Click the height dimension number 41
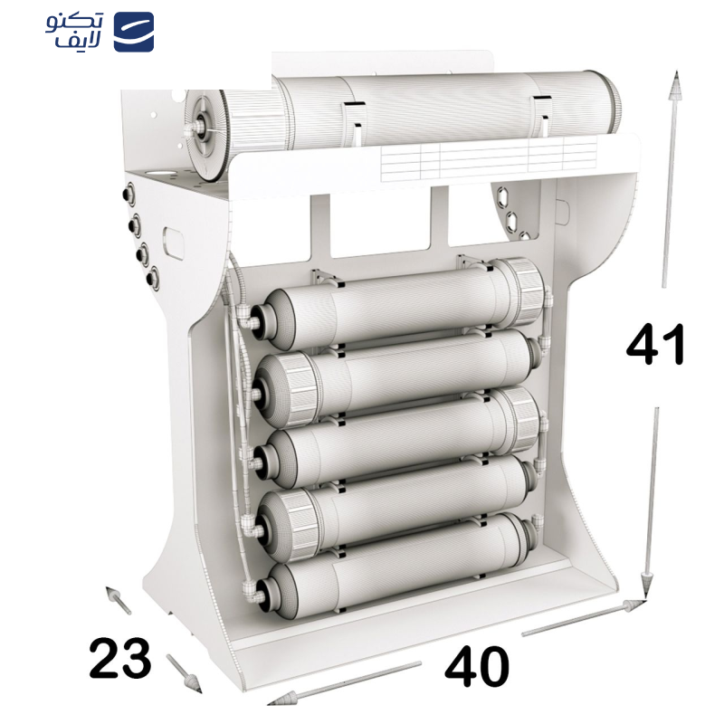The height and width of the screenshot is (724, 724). [x=655, y=345]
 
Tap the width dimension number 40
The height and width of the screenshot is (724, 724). [x=477, y=667]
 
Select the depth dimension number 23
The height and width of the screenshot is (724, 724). [x=120, y=658]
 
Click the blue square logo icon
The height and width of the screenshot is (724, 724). [x=134, y=32]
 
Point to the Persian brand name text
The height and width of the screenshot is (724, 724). [x=75, y=31]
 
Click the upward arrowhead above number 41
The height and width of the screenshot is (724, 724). [x=675, y=85]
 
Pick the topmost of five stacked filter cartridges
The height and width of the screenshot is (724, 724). [x=401, y=304]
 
